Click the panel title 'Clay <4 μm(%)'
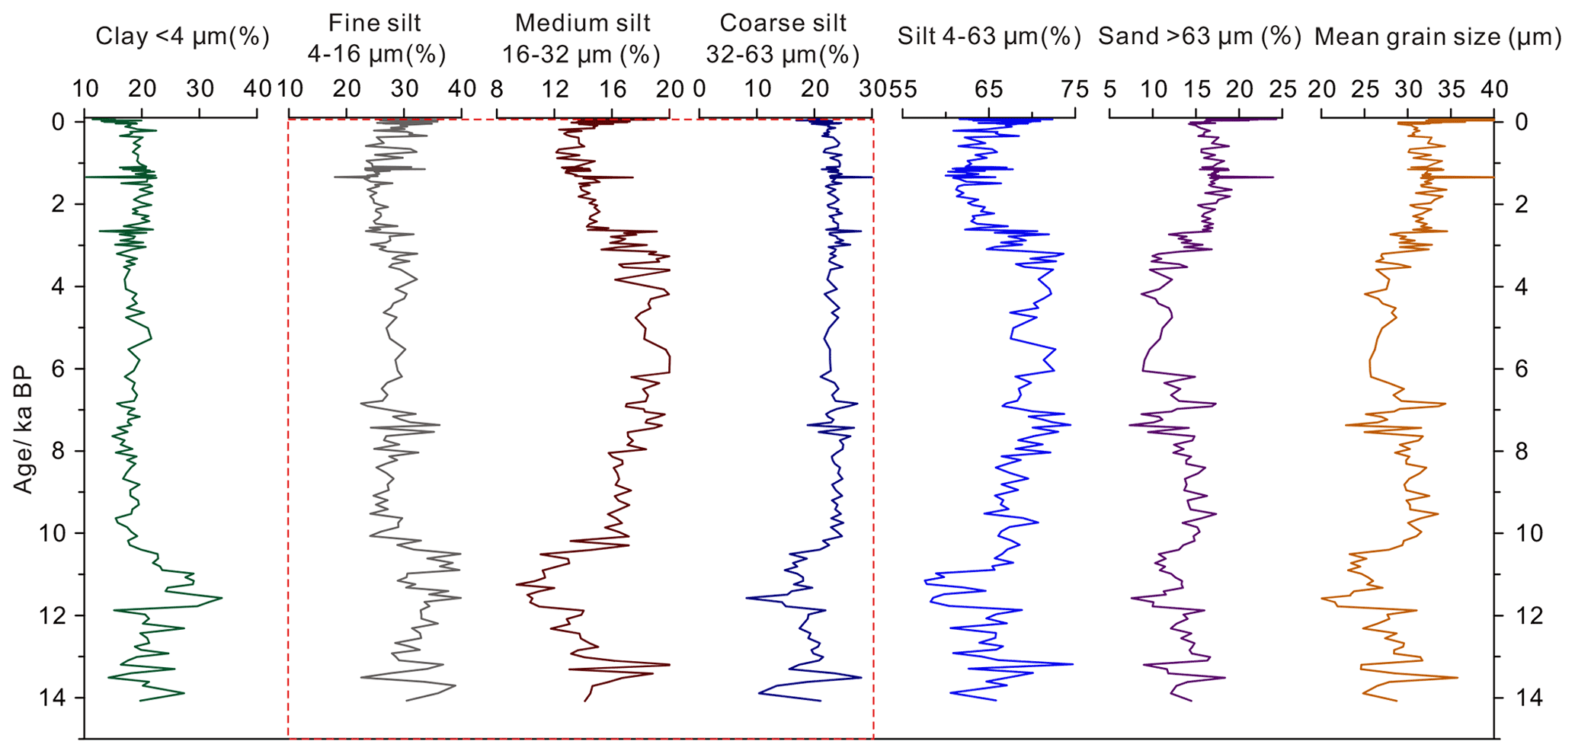click(x=182, y=37)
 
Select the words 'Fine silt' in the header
click(x=374, y=23)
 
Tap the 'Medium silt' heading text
click(x=582, y=23)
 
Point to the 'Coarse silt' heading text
click(x=783, y=23)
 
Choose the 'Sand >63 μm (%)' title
click(x=1199, y=37)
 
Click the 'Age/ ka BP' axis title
click(x=24, y=430)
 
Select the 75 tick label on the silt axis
click(x=1075, y=89)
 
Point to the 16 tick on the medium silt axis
click(x=612, y=89)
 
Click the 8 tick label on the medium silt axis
click(x=497, y=89)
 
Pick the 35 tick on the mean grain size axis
click(x=1452, y=89)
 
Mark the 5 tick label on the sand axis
click(x=1109, y=89)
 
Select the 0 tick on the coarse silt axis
click(x=699, y=89)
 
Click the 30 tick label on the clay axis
click(x=200, y=89)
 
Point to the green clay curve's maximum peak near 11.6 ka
click(x=222, y=598)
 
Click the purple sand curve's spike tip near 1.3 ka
click(x=1272, y=177)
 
